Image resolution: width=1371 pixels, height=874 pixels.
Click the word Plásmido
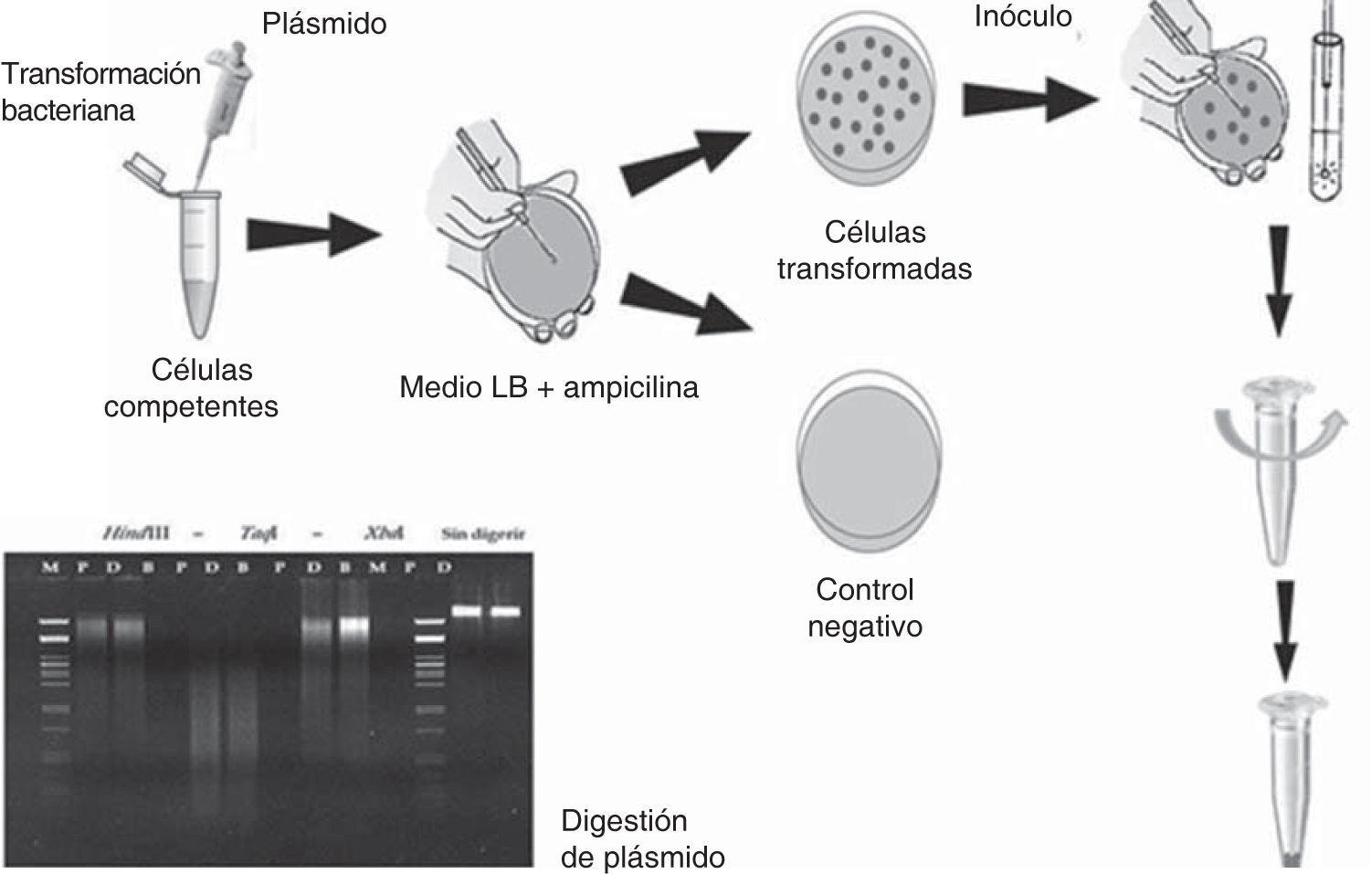click(x=324, y=24)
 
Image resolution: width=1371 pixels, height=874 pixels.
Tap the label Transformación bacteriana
click(x=100, y=91)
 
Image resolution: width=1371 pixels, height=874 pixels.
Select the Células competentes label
click(x=191, y=388)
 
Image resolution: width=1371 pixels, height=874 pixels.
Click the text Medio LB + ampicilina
click(x=549, y=387)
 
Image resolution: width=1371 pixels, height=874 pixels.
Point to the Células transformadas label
click(x=874, y=250)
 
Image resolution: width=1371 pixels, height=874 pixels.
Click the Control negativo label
click(x=865, y=608)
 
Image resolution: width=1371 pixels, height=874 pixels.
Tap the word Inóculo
click(x=1022, y=16)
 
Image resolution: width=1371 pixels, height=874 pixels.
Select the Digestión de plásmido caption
click(x=642, y=838)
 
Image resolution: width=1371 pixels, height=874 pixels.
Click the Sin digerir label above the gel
click(x=484, y=533)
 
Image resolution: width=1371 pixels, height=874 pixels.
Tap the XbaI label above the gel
click(x=383, y=533)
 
